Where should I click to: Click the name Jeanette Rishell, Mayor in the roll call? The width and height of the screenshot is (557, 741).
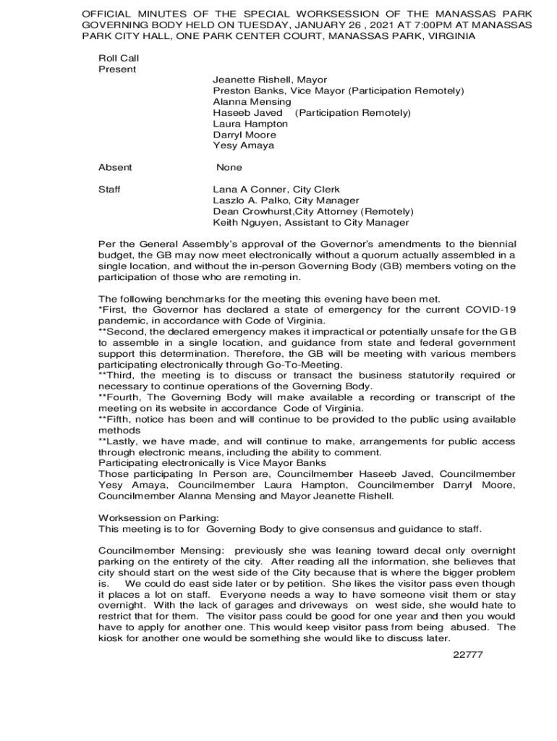click(270, 80)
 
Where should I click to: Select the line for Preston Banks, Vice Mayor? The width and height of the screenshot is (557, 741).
click(338, 91)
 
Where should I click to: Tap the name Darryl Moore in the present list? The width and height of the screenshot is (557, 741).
click(245, 135)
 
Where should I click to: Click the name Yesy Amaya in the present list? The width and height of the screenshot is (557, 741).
click(244, 145)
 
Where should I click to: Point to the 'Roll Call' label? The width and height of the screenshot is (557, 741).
click(119, 58)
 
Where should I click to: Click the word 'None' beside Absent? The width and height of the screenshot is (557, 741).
click(229, 167)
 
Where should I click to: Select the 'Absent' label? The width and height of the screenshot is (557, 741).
click(115, 167)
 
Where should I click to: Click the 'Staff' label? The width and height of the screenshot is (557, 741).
click(109, 190)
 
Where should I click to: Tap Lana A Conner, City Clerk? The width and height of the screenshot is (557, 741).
click(276, 190)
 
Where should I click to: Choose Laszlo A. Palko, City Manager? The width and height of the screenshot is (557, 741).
click(286, 200)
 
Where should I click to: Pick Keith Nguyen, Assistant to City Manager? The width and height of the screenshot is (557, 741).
click(310, 223)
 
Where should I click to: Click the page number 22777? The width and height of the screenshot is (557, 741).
click(467, 655)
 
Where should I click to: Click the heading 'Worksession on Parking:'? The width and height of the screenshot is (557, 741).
click(158, 517)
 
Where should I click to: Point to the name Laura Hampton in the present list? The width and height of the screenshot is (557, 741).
click(250, 124)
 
